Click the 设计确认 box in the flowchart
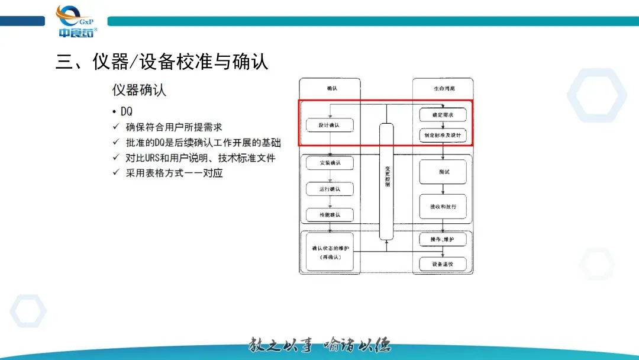(330, 125)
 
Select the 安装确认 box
(330, 162)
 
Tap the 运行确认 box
(330, 189)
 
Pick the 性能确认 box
(330, 214)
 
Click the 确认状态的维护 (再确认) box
(330, 253)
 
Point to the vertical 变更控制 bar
(386, 180)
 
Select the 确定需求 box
(443, 115)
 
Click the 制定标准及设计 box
(443, 135)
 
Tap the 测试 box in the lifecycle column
(443, 172)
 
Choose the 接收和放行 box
(443, 206)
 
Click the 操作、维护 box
(443, 239)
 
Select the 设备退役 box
(443, 263)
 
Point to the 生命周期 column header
(443, 88)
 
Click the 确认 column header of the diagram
(330, 88)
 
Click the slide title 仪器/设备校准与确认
(162, 61)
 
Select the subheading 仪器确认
(139, 90)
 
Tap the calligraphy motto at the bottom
(319, 344)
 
